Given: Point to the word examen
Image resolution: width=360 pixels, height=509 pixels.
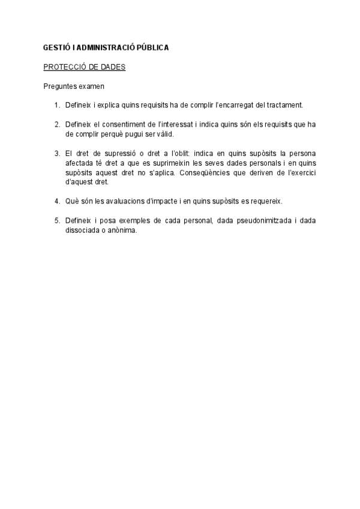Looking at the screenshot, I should [92, 86].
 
